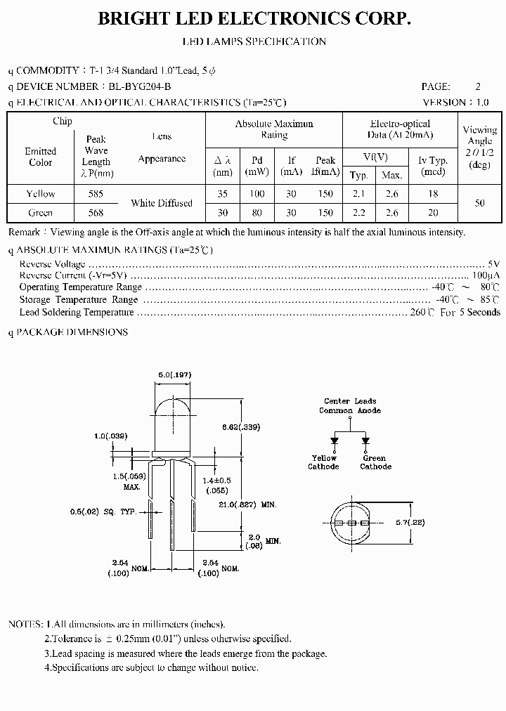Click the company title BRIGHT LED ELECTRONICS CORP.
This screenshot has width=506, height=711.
(254, 19)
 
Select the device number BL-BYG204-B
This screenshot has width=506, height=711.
(139, 86)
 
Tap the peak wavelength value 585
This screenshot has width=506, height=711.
(96, 194)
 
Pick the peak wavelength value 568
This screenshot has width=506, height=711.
(96, 213)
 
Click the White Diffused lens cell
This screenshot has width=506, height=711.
(162, 203)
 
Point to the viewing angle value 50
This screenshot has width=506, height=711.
(480, 203)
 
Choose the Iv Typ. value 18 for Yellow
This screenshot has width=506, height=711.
(433, 194)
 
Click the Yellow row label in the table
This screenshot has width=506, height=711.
(41, 194)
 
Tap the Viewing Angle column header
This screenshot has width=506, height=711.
(480, 146)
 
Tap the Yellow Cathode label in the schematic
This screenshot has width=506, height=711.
(324, 462)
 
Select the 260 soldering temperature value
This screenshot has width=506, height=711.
(420, 312)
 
